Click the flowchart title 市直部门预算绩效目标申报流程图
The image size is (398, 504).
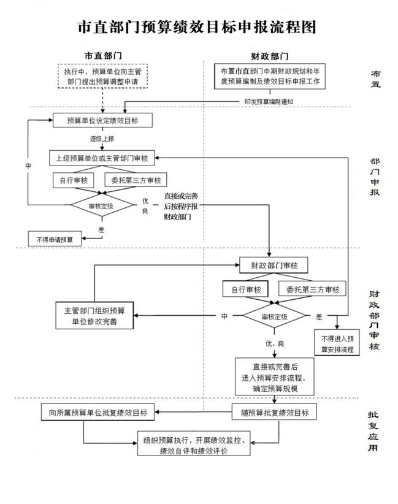pyautogui.click(x=197, y=28)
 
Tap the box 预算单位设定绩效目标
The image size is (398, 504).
pyautogui.click(x=102, y=121)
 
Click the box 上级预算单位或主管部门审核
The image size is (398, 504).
pyautogui.click(x=102, y=158)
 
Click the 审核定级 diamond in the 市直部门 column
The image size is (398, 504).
pyautogui.click(x=101, y=206)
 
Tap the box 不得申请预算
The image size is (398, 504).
pyautogui.click(x=55, y=239)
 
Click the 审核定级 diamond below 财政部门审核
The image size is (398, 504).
pyautogui.click(x=274, y=316)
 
